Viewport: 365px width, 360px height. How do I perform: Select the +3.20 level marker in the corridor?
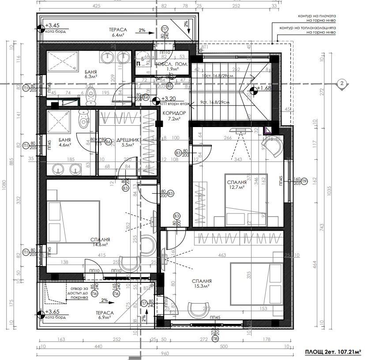coord(169,99)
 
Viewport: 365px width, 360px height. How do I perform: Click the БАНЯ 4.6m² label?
coord(67,142)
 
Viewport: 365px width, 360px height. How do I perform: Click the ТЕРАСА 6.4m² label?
coord(118,32)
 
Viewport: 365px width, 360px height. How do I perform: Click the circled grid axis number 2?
coord(341,83)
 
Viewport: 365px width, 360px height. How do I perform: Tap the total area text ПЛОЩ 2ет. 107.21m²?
coord(332,352)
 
